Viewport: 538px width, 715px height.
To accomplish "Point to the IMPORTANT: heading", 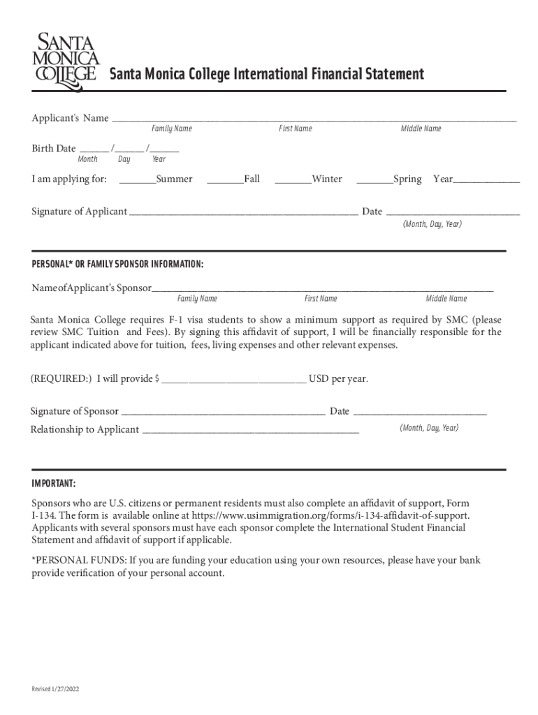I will [x=54, y=484].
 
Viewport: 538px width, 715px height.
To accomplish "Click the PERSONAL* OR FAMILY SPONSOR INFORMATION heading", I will [x=117, y=265].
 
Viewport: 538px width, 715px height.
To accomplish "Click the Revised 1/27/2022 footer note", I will [x=55, y=689].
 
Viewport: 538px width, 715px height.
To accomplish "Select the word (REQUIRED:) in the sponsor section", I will [x=61, y=379].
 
